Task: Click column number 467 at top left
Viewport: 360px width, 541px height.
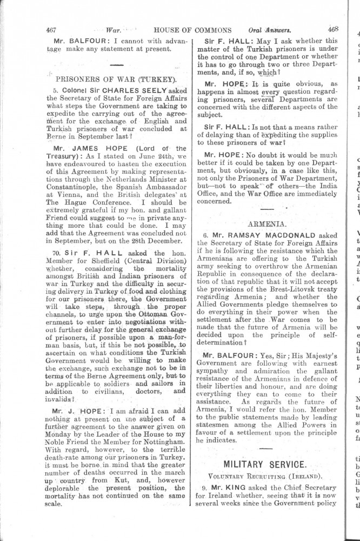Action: (x=52, y=30)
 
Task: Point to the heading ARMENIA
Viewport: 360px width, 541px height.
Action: (x=267, y=222)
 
